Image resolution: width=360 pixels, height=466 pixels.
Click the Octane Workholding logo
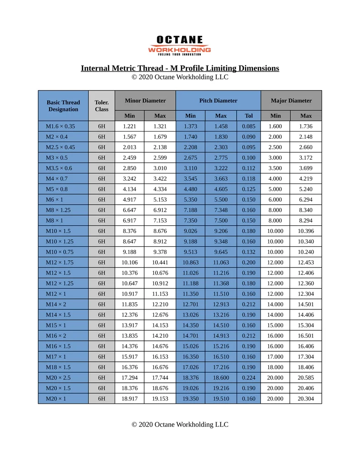[x=180, y=46]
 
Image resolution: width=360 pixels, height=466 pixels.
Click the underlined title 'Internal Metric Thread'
[x=180, y=68]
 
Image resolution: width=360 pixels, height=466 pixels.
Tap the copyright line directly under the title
[x=180, y=77]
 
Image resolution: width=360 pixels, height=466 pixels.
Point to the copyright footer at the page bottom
[x=180, y=425]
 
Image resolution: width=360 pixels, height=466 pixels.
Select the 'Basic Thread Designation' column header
[x=63, y=106]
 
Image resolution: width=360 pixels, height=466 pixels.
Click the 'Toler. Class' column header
[x=101, y=106]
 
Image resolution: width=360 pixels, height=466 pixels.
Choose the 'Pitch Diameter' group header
[x=218, y=101]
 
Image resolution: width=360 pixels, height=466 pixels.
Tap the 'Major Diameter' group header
[x=291, y=101]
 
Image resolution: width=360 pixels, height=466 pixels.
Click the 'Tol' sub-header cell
[x=248, y=116]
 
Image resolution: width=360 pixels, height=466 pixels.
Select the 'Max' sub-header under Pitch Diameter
[x=221, y=116]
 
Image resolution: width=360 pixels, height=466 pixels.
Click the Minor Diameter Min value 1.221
[x=129, y=127]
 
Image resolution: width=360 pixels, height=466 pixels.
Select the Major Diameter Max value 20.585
[x=306, y=378]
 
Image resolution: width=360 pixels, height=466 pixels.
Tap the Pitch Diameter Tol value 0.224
[x=248, y=378]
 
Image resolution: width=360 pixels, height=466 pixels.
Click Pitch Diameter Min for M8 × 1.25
[x=190, y=210]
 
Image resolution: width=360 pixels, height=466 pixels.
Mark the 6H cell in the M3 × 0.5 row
[x=101, y=158]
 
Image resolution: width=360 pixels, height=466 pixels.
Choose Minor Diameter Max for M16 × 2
[x=160, y=336]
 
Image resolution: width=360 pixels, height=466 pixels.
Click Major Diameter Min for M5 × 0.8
[x=275, y=189]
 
